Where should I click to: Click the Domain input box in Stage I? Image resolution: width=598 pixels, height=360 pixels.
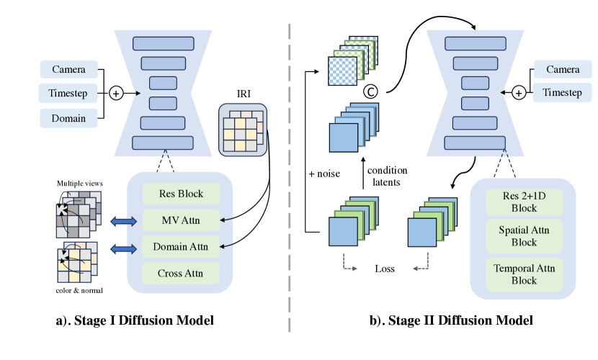[68, 117]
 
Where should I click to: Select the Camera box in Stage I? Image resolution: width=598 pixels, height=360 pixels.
[68, 70]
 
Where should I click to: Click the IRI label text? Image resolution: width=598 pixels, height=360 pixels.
[242, 94]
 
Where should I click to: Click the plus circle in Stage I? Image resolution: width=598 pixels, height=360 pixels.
[115, 93]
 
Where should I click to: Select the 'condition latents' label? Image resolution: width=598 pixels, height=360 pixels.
[387, 175]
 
